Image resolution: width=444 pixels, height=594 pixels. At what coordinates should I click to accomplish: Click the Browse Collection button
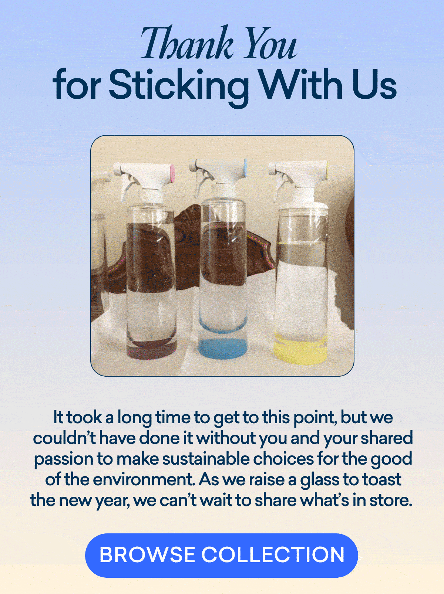point(222,555)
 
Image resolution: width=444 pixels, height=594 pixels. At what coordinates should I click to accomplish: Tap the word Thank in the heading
point(187,43)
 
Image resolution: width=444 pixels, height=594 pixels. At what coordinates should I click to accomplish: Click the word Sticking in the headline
point(179,84)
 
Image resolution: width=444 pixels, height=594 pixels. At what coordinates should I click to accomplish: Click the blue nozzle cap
point(245,168)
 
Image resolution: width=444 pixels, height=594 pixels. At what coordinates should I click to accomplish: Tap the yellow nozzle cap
point(327,170)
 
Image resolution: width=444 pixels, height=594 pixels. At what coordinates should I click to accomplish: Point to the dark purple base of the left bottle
point(151,349)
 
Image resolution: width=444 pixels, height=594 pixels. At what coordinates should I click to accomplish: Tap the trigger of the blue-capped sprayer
point(202,184)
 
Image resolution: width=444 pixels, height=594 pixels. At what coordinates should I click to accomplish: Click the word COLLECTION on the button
point(273,555)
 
